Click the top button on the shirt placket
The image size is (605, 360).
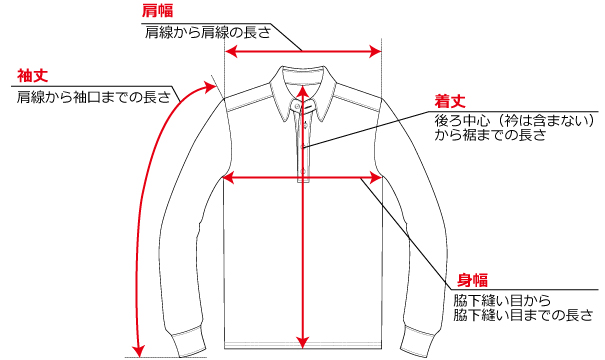point(302,105)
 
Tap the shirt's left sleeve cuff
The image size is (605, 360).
point(189,339)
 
